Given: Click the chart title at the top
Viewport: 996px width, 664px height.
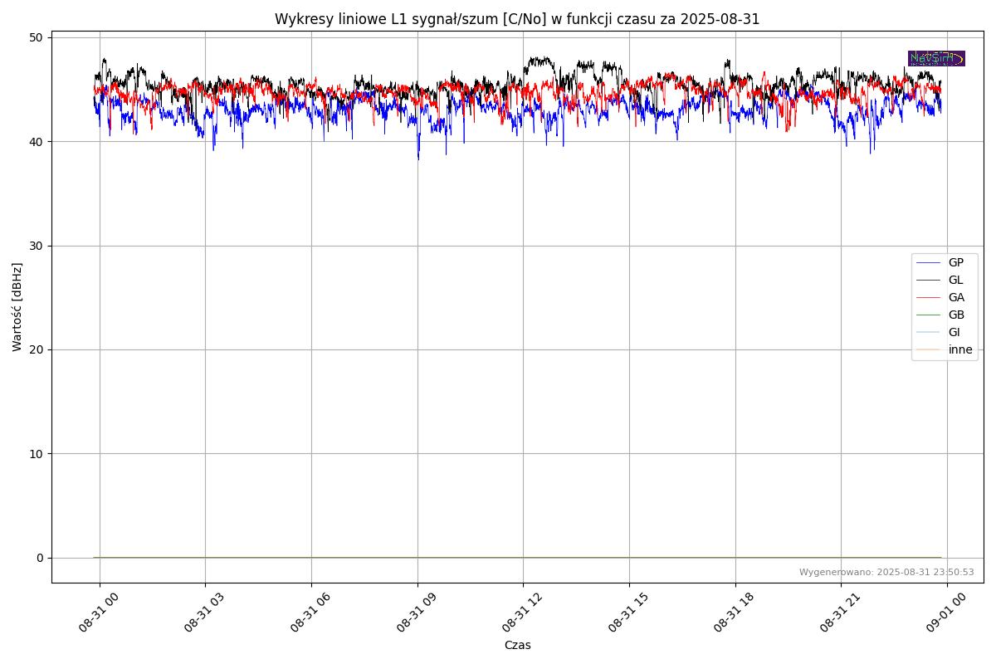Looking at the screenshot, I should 517,19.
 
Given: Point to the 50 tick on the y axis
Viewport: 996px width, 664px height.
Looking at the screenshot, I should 37,37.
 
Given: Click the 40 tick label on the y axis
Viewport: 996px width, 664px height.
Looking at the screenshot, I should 37,142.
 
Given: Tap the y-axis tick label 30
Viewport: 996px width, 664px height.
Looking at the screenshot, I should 37,246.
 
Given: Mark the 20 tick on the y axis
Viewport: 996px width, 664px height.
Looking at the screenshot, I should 37,349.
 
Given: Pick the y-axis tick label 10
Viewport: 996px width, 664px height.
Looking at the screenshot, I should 37,454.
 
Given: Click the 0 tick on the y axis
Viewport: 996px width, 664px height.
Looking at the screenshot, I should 40,558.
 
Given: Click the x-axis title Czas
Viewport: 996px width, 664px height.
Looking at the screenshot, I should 517,645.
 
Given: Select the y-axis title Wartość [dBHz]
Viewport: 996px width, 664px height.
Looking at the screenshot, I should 17,307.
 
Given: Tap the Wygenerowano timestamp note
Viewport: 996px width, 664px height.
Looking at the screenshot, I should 886,572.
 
